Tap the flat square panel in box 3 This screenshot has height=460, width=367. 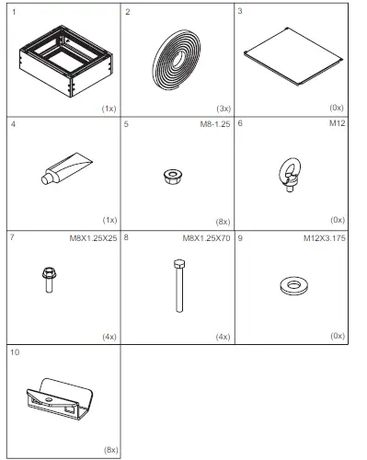pyautogui.click(x=292, y=58)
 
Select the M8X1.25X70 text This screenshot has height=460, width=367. pyautogui.click(x=205, y=237)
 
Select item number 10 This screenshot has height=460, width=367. pyautogui.click(x=17, y=351)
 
